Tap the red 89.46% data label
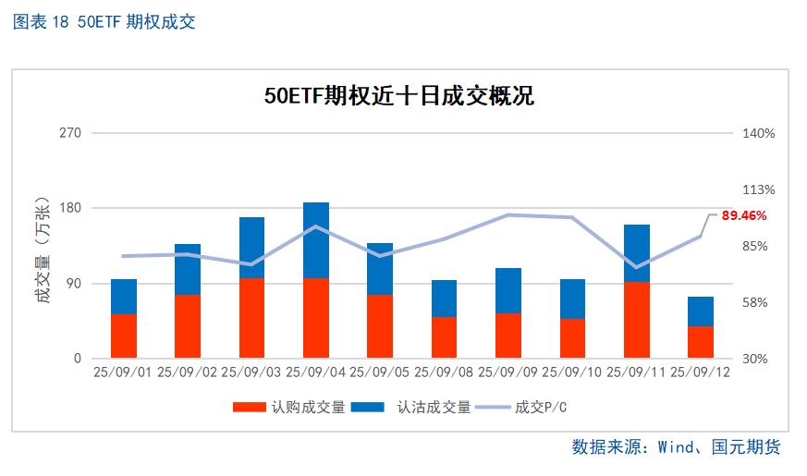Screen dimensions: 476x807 pyautogui.click(x=744, y=215)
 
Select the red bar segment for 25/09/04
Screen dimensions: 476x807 pyautogui.click(x=316, y=318)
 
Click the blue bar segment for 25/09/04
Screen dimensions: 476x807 pyautogui.click(x=316, y=240)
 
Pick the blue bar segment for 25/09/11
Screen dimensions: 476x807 pyautogui.click(x=637, y=253)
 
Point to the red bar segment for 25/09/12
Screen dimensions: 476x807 pyautogui.click(x=701, y=342)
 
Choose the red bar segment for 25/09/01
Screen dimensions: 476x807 pyautogui.click(x=124, y=336)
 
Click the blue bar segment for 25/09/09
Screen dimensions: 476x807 pyautogui.click(x=508, y=291)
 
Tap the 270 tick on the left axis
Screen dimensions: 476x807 pyautogui.click(x=71, y=133)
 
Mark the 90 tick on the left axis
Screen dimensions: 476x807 pyautogui.click(x=74, y=284)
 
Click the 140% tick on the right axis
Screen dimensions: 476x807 pyautogui.click(x=759, y=133)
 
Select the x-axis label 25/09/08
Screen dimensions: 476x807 pyautogui.click(x=444, y=372)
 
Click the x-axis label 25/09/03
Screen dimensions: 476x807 pyautogui.click(x=251, y=372)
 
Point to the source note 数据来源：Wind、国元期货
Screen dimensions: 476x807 pyautogui.click(x=677, y=447)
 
